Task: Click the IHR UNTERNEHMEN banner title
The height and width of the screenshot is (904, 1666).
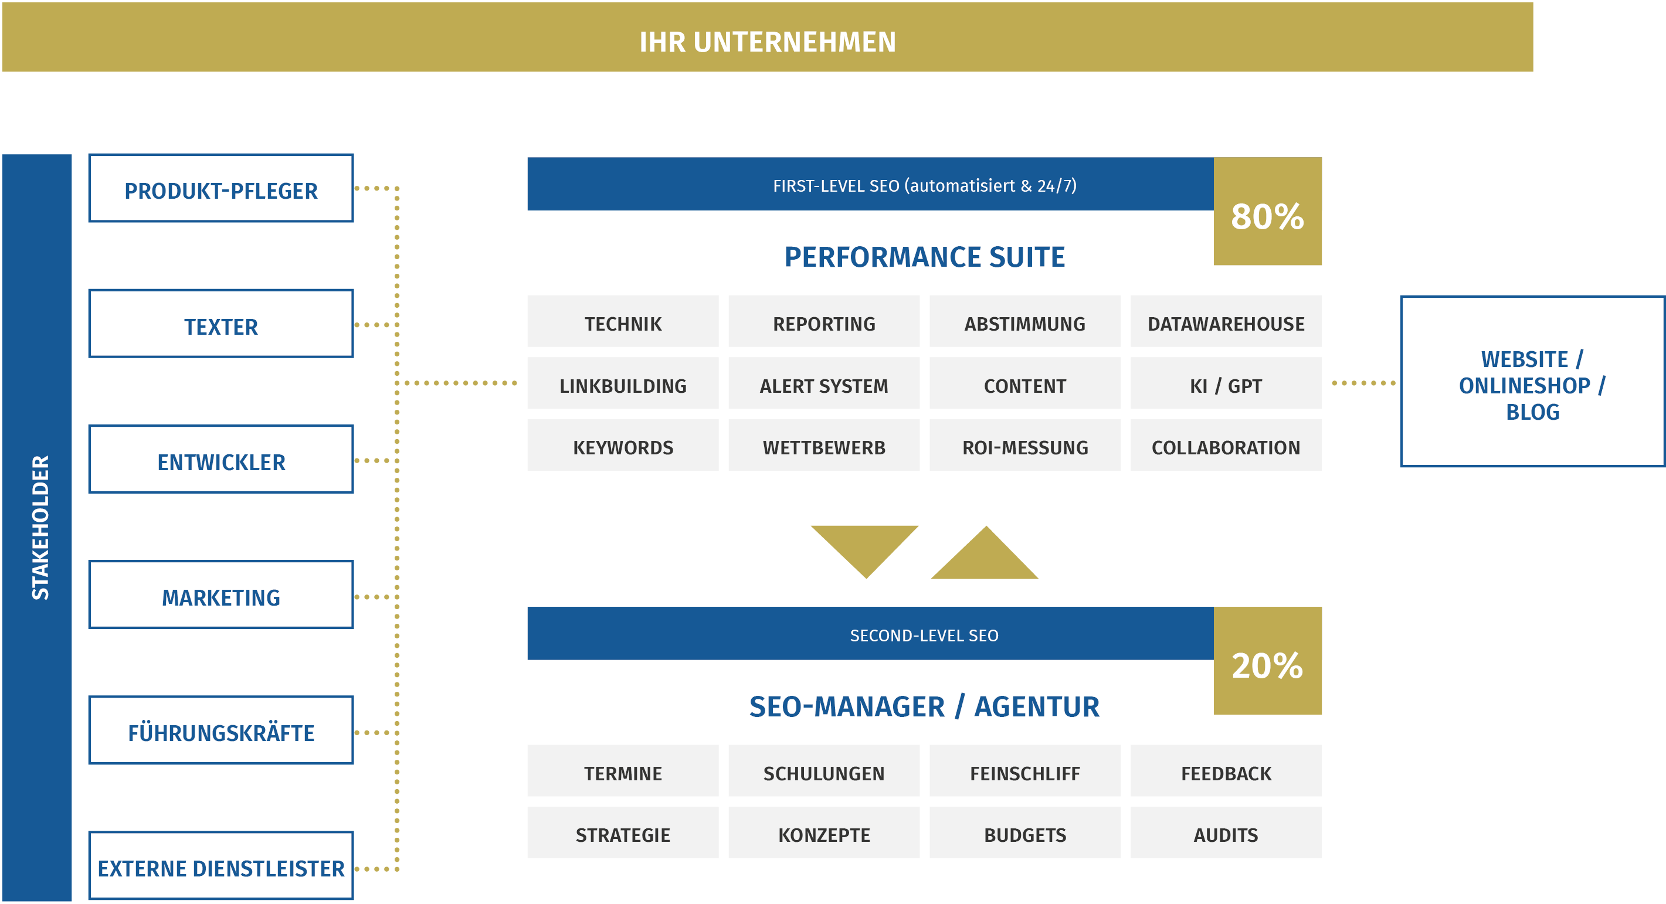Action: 767,42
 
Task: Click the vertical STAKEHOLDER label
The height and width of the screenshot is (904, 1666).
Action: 40,527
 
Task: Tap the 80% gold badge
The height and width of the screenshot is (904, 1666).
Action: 1268,212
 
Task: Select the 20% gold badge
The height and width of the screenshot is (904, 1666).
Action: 1268,661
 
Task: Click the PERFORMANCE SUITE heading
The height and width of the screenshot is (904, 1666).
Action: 924,257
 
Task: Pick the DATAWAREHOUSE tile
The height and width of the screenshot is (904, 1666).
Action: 1226,321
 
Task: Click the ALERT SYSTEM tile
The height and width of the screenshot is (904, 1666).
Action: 824,383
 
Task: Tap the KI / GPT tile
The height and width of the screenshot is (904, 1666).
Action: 1226,383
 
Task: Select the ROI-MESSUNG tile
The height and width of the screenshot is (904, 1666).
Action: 1025,445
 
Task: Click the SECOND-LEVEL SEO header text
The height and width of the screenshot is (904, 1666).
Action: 924,635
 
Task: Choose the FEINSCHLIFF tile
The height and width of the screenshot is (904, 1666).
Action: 1025,771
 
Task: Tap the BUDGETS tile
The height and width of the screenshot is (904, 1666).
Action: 1025,832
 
